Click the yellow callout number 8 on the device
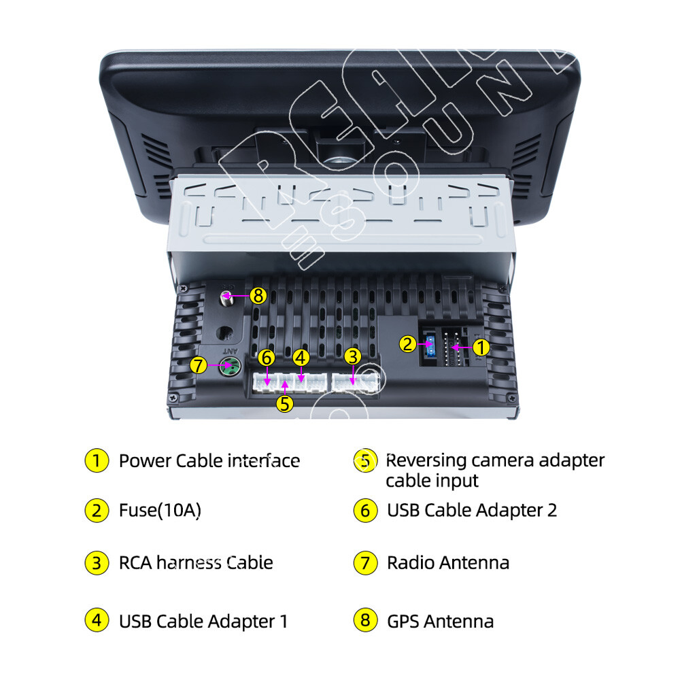click(258, 296)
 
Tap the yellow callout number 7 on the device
click(198, 365)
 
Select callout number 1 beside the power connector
click(481, 347)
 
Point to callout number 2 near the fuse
click(407, 344)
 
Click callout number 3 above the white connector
click(352, 357)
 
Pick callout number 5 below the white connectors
click(284, 404)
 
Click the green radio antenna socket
click(230, 367)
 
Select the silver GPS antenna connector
click(226, 299)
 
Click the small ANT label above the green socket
click(231, 350)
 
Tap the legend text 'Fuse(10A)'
click(160, 511)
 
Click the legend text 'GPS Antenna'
click(440, 622)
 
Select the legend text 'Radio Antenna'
click(448, 563)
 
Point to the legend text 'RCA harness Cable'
click(196, 563)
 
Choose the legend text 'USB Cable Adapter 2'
click(472, 511)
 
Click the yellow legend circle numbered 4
click(97, 620)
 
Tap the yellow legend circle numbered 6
click(365, 511)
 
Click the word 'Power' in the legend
click(145, 460)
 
